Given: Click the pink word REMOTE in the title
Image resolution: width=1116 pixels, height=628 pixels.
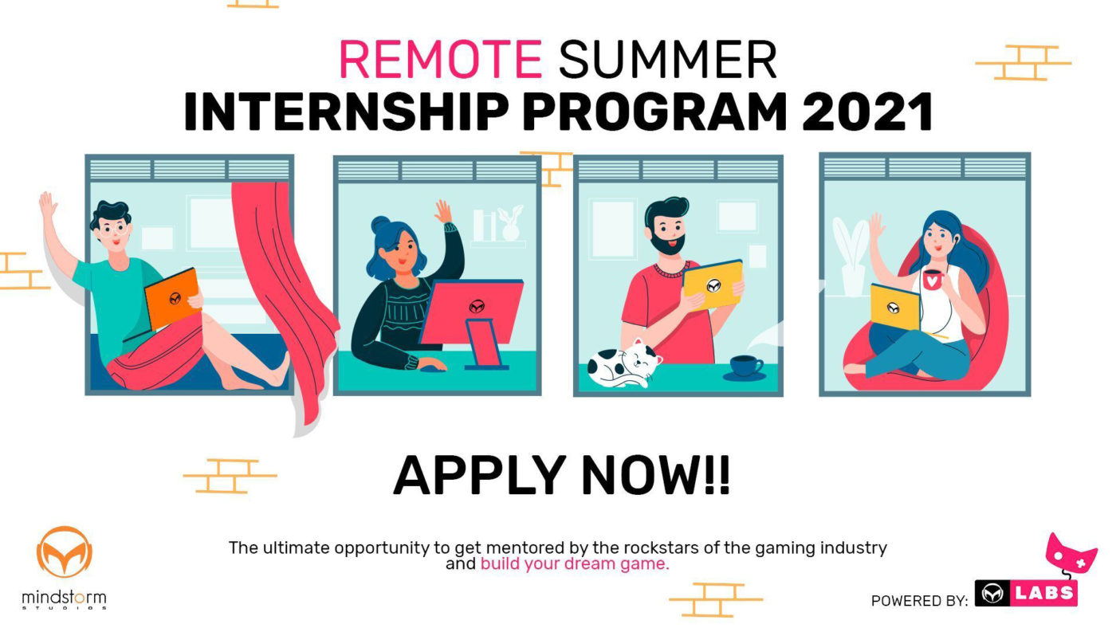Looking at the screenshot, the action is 441,59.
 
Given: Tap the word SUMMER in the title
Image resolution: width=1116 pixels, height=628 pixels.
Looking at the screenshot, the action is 667,59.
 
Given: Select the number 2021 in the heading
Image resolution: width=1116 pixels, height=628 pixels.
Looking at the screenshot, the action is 867,112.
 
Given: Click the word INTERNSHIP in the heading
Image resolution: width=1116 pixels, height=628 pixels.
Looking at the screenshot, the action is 347,112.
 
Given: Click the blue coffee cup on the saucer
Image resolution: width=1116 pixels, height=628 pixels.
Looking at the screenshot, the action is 745,367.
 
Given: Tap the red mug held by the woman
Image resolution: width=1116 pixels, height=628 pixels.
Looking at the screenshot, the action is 933,280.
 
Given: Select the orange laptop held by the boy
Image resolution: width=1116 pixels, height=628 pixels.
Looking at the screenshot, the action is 172,298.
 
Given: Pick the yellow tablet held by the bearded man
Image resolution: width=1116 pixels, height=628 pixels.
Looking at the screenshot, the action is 713,285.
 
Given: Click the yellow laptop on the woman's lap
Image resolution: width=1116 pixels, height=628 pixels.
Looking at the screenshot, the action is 894,307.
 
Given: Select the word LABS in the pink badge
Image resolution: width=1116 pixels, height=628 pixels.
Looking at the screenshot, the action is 1043,593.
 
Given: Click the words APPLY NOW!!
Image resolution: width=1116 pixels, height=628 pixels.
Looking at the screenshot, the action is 561,475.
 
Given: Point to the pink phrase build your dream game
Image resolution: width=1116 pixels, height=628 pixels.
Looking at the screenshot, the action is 575,564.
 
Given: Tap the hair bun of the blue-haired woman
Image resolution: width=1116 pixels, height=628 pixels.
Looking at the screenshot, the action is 381,225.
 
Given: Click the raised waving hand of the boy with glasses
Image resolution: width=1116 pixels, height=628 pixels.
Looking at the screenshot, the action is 48,205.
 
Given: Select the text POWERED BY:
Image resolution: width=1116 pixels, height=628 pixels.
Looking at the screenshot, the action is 919,601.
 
